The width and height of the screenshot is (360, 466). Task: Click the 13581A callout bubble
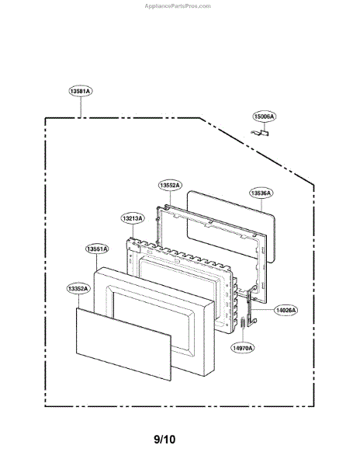click(x=81, y=91)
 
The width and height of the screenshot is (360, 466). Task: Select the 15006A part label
click(x=264, y=116)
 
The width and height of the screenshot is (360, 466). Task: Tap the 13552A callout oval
click(x=170, y=185)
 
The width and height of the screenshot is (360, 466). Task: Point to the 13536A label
click(x=261, y=193)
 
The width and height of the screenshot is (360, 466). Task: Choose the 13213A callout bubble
click(x=133, y=218)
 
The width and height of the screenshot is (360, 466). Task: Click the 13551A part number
click(x=97, y=249)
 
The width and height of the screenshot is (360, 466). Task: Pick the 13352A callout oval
click(x=78, y=289)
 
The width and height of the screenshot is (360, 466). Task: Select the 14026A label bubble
click(x=286, y=310)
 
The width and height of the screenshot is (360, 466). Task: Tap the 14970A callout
click(x=243, y=348)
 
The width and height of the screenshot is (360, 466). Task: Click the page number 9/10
click(x=164, y=439)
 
